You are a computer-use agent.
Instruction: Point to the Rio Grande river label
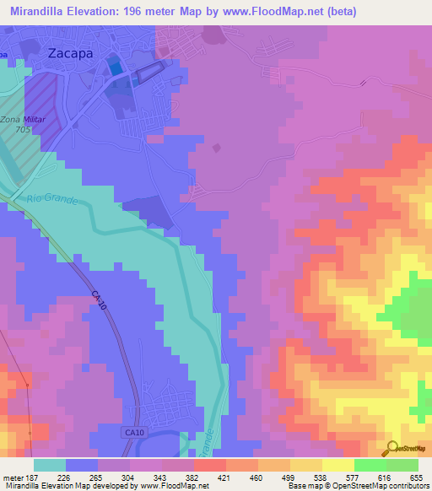51,201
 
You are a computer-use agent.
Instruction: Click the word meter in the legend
13,478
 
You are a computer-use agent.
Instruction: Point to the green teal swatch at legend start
50,465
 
